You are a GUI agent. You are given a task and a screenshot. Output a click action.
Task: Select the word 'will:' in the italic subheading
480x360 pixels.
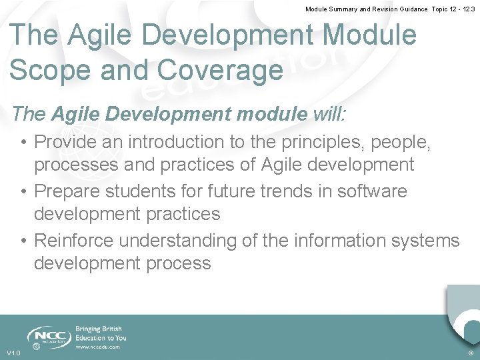[x=329, y=114]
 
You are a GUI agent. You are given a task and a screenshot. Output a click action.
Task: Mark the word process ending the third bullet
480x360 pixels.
[x=176, y=263]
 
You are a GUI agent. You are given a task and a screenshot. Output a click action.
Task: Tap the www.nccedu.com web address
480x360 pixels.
[x=98, y=347]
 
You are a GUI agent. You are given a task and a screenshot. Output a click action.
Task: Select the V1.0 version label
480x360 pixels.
[x=13, y=353]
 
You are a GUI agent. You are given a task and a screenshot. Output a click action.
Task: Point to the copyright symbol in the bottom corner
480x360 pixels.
[x=471, y=353]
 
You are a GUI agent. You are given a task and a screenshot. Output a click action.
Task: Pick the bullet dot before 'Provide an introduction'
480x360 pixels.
[x=23, y=143]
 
